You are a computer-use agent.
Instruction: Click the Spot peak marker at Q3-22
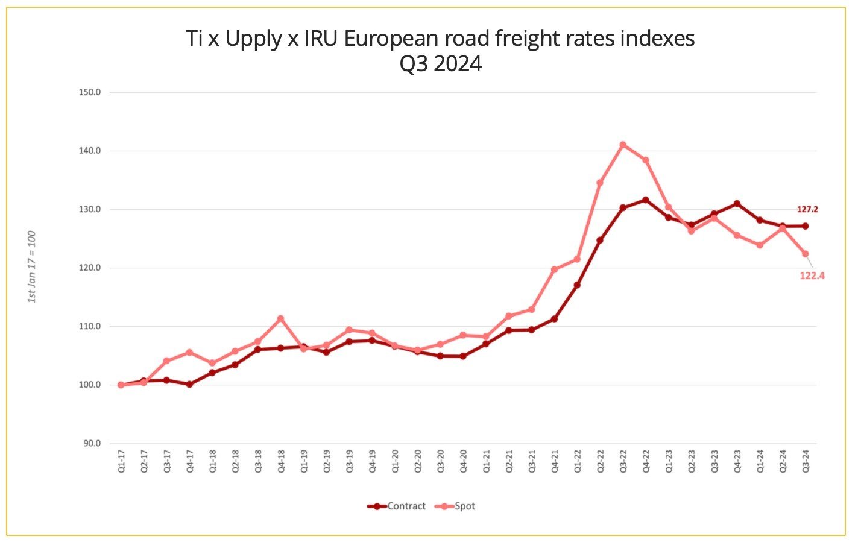coord(623,145)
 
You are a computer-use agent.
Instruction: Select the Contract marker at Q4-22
coord(646,200)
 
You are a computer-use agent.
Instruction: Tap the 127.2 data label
coord(807,209)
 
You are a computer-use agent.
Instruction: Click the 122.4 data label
coord(812,276)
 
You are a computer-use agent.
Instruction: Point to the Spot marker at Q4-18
coord(281,318)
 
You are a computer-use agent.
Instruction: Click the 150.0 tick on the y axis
coord(89,92)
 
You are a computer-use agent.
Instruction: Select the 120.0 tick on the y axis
coord(89,268)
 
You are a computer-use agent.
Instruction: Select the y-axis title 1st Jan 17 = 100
coord(32,267)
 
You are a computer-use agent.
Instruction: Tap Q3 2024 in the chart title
coord(441,64)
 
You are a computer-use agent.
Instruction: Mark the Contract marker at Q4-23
coord(737,204)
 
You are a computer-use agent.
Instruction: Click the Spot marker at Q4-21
coord(554,269)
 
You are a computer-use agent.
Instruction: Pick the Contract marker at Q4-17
coord(189,384)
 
